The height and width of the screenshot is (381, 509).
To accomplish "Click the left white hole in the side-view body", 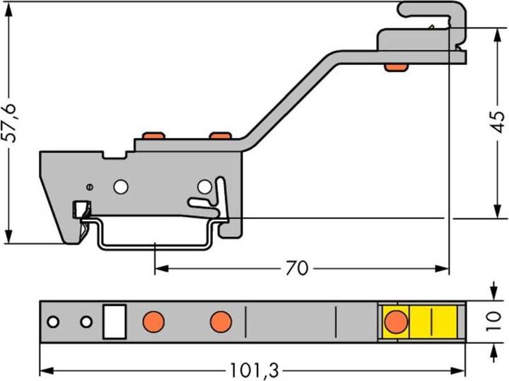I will [121, 187].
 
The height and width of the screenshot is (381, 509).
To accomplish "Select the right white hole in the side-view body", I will [204, 187].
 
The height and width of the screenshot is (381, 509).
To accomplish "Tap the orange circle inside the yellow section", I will [396, 322].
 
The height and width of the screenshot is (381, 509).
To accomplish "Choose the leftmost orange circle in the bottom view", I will [153, 322].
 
